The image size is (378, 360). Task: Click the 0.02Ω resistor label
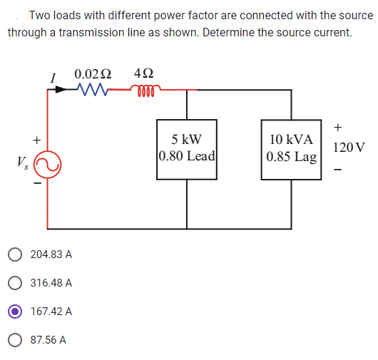93,73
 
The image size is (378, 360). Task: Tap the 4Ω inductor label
144,73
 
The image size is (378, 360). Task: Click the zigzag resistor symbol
92,91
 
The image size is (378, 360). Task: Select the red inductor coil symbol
145,91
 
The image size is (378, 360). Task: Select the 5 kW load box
188,148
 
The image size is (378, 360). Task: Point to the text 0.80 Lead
188,155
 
